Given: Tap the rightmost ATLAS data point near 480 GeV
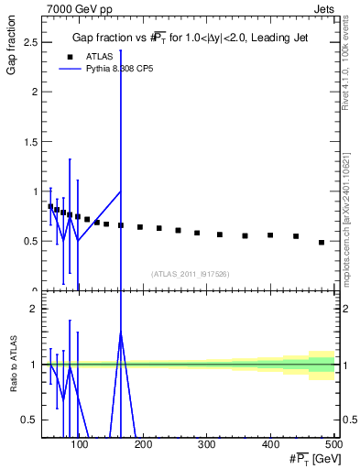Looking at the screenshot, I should (x=322, y=243).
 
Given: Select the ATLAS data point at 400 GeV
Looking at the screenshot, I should (x=270, y=235).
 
